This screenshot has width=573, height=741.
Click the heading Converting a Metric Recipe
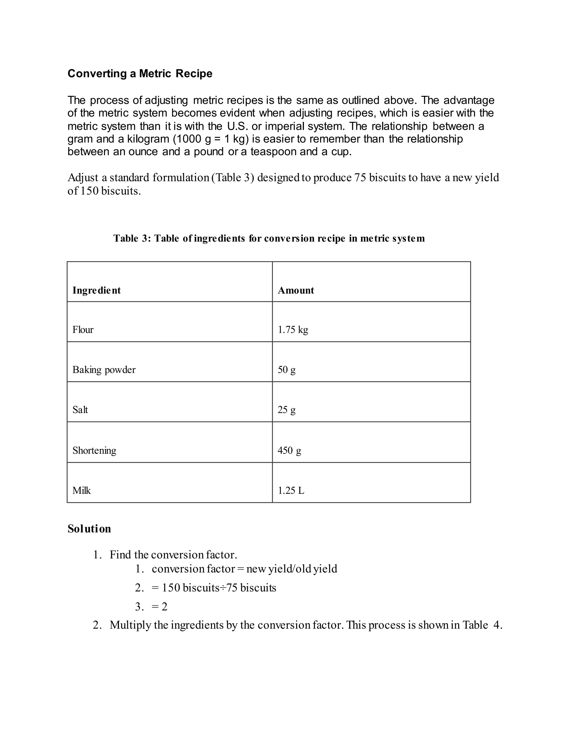tap(140, 74)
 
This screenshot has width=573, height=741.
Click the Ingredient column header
tap(97, 291)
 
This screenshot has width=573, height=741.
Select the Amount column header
tap(296, 291)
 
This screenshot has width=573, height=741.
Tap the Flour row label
tap(83, 330)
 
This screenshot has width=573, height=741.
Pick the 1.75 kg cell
tap(293, 330)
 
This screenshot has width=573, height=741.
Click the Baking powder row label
tap(104, 370)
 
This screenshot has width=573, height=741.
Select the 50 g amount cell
tap(286, 370)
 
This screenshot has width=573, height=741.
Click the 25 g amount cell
tap(286, 410)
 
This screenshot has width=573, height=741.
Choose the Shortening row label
tap(94, 450)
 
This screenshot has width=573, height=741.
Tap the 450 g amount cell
tap(289, 450)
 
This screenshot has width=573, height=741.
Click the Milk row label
tap(81, 491)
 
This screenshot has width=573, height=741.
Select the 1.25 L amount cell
tap(291, 491)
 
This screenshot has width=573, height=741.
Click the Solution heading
tap(89, 529)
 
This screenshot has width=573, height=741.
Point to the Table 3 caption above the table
tap(269, 239)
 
